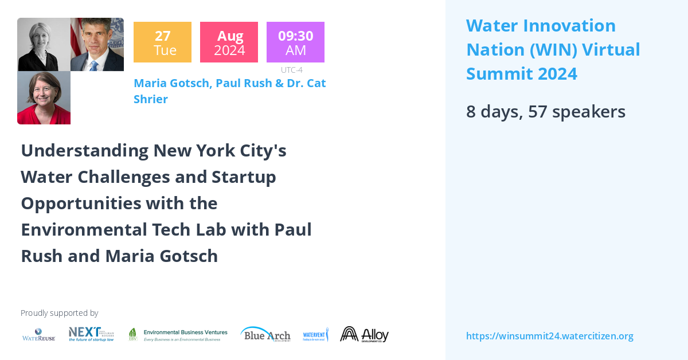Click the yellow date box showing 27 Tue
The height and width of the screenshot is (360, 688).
(162, 42)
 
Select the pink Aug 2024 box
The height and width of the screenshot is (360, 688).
(229, 42)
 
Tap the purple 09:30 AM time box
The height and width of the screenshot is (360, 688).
(295, 42)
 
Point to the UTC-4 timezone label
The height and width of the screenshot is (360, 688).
(291, 70)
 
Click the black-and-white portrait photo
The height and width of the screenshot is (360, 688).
(44, 44)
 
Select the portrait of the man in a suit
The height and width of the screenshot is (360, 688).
(97, 44)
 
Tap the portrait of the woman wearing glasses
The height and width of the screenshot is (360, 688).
(44, 97)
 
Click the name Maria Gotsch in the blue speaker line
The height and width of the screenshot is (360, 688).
(173, 83)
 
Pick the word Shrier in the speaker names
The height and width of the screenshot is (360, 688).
(151, 99)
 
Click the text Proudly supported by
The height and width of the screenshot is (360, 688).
(59, 313)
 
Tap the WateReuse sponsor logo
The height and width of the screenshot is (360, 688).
(38, 335)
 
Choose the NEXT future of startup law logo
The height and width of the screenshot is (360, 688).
(91, 334)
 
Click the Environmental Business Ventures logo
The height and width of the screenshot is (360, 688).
(178, 335)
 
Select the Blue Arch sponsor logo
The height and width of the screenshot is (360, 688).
(265, 334)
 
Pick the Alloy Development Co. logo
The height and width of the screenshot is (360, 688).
(364, 334)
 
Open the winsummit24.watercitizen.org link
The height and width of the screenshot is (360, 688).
(549, 336)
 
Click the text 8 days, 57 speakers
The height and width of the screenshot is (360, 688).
(545, 112)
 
